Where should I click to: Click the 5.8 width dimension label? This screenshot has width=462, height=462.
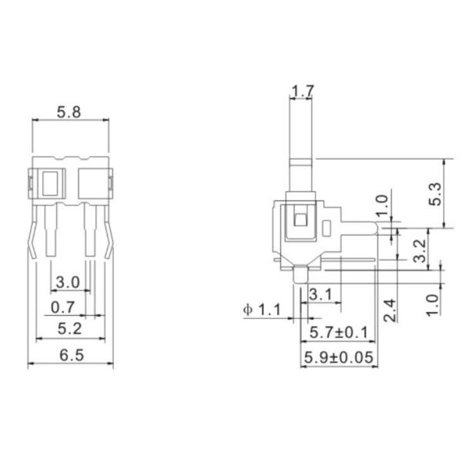70,112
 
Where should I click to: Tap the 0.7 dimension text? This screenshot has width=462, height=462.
63,308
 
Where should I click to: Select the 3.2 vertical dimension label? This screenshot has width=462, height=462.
420,250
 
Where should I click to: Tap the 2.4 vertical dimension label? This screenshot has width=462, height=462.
389,311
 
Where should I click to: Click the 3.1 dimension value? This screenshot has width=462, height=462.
320,293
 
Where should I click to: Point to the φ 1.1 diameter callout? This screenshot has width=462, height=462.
263,310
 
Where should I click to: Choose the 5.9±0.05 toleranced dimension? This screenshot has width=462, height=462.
340,357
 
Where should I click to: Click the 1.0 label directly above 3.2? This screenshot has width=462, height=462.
383,206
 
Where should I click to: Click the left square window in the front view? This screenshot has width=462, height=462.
52,184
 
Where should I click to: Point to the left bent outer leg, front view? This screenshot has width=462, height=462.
32,235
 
